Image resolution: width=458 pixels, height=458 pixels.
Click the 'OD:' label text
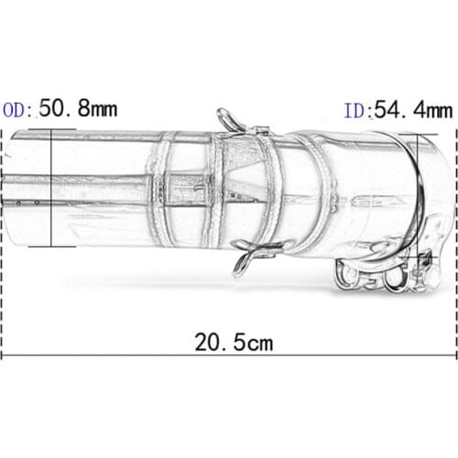(18, 111)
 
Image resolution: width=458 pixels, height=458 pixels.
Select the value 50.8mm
(77, 110)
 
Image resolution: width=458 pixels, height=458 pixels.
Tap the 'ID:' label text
(356, 112)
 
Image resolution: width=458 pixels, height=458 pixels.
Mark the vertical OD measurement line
(51, 188)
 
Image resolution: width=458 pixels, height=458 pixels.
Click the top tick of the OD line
(51, 129)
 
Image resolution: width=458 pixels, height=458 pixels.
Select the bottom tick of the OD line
(51, 245)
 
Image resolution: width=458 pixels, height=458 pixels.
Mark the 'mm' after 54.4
(437, 112)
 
